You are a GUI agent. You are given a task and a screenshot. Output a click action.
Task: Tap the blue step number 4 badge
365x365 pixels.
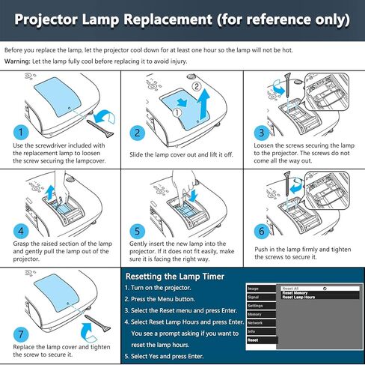point(16,232)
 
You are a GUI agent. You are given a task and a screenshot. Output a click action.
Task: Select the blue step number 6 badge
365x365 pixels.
point(260,232)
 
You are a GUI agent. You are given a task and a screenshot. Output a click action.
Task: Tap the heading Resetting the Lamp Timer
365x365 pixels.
point(174,276)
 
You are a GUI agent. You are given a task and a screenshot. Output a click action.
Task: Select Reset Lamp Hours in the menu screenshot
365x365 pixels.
point(298,298)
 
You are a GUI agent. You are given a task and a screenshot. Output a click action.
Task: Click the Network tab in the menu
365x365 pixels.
point(256,323)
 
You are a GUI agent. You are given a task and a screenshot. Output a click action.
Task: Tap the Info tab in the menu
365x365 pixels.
point(252,331)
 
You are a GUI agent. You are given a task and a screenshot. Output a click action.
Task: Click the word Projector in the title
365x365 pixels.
point(54,18)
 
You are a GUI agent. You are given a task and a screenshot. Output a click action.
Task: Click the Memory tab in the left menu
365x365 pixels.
point(255,314)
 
